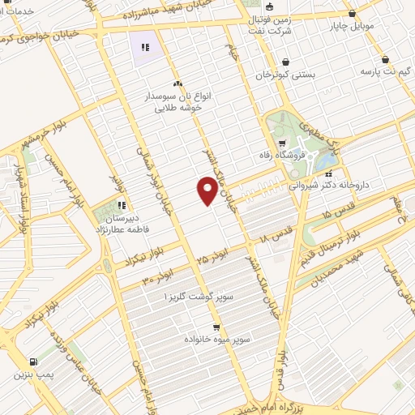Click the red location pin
tap(207, 191)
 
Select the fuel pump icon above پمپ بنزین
tap(32, 362)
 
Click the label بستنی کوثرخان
tap(285, 75)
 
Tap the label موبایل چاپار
tap(352, 26)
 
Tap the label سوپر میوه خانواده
tap(216, 339)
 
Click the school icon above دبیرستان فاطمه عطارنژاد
tap(121, 206)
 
